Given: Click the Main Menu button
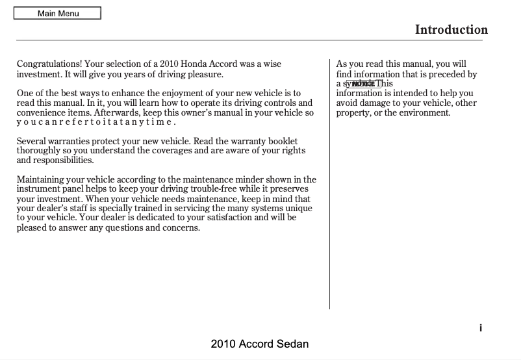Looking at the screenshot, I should coord(57,13).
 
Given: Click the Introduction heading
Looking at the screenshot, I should coord(451,30).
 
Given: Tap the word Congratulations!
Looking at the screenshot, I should coord(49,64).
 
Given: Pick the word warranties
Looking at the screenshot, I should coord(70,141).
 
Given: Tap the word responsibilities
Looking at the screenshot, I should coord(55,160).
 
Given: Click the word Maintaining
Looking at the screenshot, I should coord(42,179).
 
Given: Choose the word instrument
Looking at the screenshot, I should coord(38,189).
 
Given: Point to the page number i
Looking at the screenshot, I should coord(481,328).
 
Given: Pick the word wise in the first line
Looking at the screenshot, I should coord(272,64).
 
